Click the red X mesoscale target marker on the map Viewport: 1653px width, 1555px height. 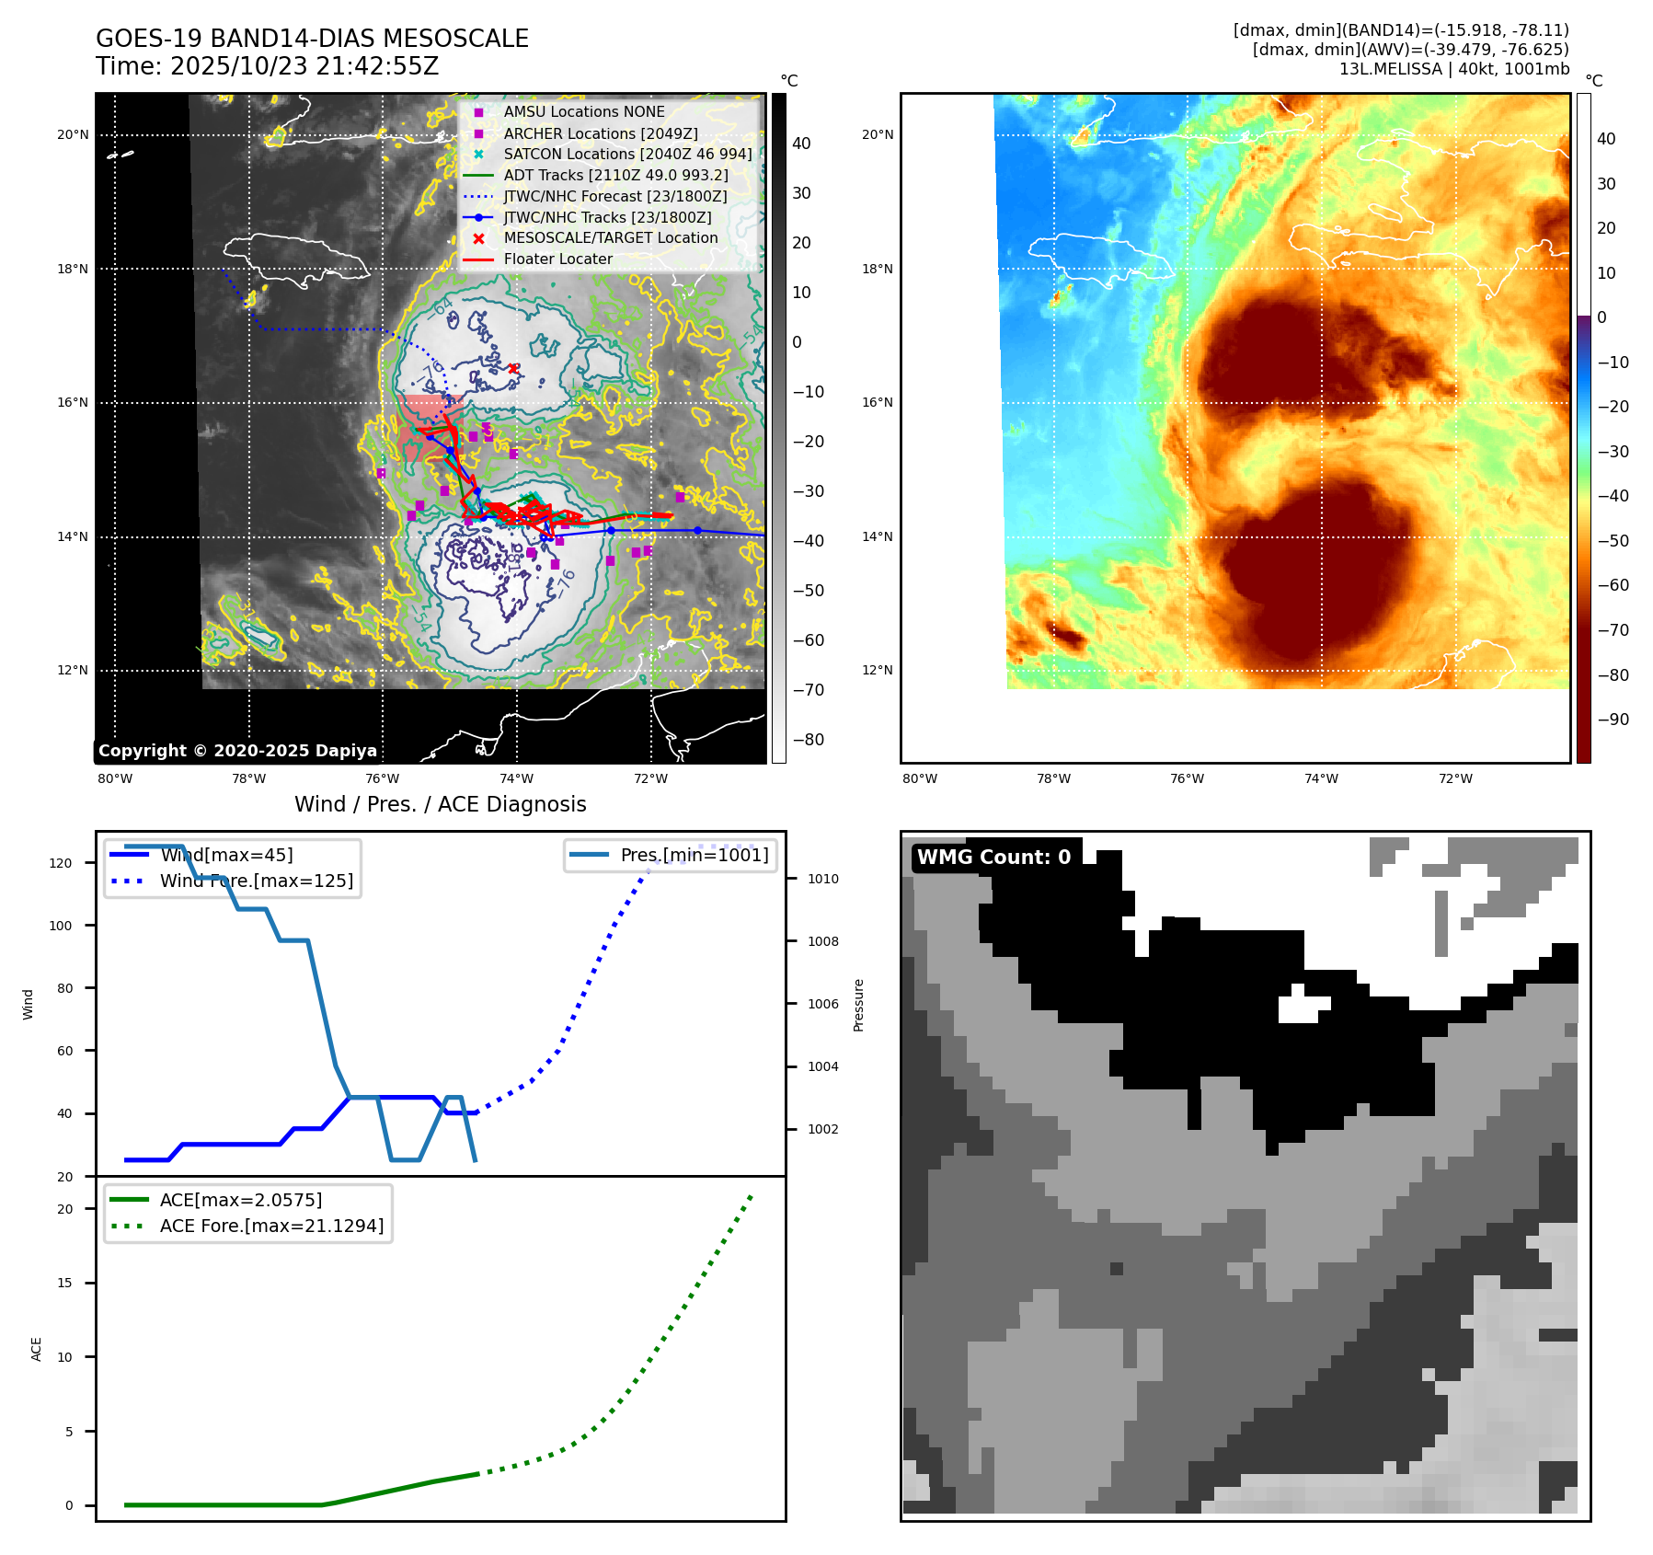(x=513, y=369)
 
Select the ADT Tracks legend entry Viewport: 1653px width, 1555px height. (x=615, y=175)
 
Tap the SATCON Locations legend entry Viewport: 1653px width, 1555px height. (x=627, y=154)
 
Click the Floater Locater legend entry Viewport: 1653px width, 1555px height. (x=557, y=259)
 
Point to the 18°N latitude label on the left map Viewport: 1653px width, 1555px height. (x=73, y=269)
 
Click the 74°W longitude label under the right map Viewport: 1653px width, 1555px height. (x=1321, y=778)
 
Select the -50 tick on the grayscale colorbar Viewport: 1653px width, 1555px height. (x=809, y=590)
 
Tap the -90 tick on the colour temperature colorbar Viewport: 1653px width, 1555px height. (x=1613, y=720)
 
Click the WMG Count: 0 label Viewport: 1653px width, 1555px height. (x=993, y=857)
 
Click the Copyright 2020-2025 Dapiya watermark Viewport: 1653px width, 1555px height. (x=237, y=751)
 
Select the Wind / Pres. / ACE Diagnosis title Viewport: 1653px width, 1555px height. (x=440, y=804)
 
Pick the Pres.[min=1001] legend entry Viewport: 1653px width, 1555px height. (x=694, y=855)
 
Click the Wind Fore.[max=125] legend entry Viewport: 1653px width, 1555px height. (x=256, y=881)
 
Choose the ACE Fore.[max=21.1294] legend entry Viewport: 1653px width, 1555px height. (x=271, y=1226)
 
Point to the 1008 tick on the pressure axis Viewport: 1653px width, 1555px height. (x=822, y=941)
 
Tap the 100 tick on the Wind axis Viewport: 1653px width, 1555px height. (x=61, y=926)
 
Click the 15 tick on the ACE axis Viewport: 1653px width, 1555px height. (x=64, y=1283)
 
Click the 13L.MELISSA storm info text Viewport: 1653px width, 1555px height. (x=1453, y=69)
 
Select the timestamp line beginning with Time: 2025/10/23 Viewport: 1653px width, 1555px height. (x=267, y=66)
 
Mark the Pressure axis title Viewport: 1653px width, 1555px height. (x=858, y=1005)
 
